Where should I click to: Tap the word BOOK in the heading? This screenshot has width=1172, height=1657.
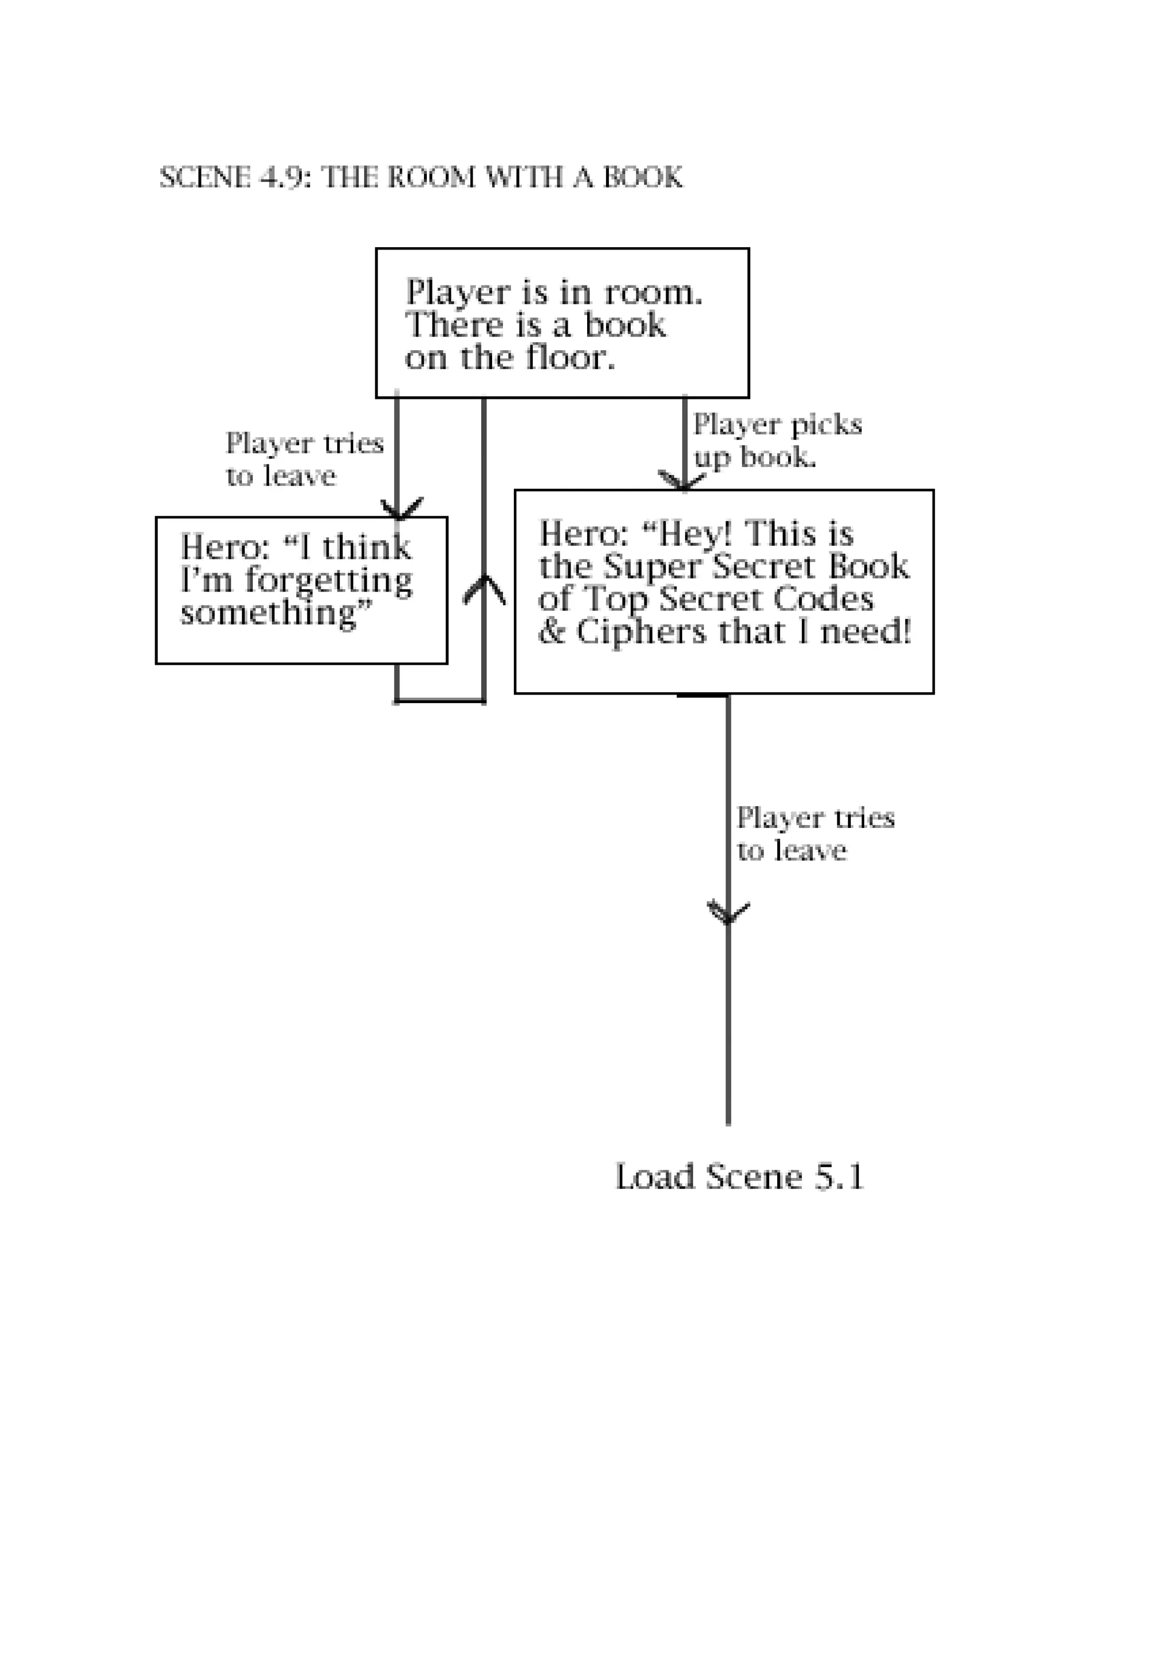[x=642, y=177]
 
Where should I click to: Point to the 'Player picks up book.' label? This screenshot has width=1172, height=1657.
[x=777, y=440]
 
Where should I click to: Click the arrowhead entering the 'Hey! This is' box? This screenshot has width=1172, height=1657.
[x=682, y=481]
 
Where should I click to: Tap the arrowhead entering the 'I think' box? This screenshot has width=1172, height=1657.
[x=401, y=509]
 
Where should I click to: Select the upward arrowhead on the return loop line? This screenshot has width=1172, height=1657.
[x=484, y=588]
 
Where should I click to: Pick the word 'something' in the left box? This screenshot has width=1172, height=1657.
[x=268, y=613]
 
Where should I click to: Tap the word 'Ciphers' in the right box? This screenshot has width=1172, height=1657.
[x=641, y=632]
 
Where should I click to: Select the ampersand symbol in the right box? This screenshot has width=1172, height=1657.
[x=552, y=632]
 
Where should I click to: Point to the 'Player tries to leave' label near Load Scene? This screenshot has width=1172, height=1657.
[x=814, y=834]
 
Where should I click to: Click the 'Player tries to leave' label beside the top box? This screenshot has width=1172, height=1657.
[x=304, y=459]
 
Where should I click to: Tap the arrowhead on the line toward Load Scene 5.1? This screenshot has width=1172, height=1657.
[x=728, y=914]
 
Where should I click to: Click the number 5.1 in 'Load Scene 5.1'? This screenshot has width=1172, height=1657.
[x=840, y=1177]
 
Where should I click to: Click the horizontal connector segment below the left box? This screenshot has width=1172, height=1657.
[x=439, y=701]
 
